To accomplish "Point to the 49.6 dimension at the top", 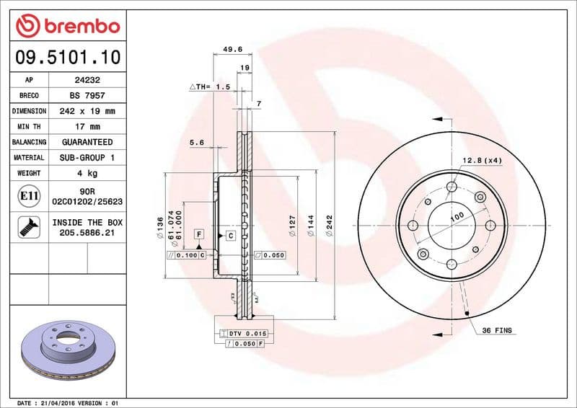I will point(232,50).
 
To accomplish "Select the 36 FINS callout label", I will point(497,329).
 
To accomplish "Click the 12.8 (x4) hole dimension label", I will point(483,159).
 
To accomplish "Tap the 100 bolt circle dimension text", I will point(457,216).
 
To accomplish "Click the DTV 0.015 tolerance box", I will point(247,333).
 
